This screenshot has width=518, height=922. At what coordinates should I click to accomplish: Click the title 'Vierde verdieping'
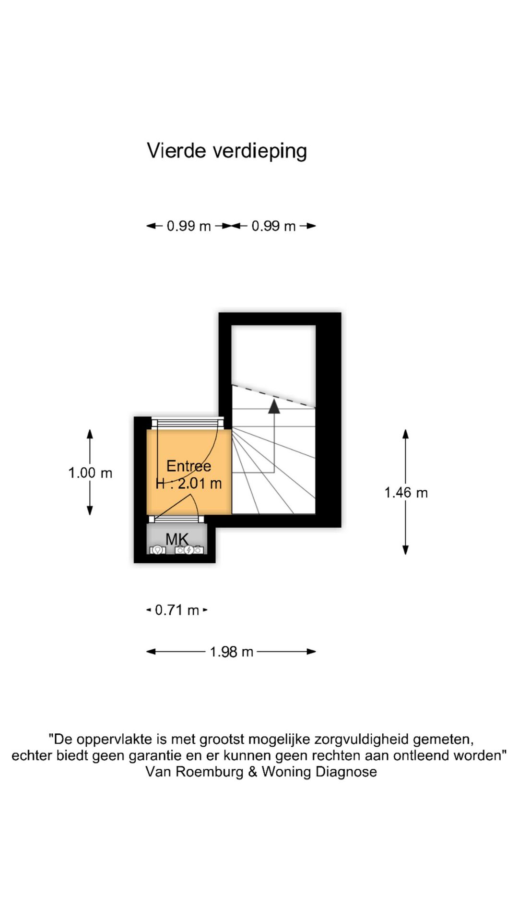(227, 151)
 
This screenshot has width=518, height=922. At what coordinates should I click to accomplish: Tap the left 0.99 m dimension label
(188, 226)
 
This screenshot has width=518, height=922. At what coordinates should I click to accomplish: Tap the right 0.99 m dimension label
(273, 226)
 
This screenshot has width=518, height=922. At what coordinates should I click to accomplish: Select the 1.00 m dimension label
(90, 473)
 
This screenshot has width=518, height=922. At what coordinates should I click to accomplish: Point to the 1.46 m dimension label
(406, 493)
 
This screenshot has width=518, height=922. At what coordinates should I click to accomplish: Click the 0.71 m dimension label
(177, 610)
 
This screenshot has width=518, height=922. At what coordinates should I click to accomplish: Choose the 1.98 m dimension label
(231, 652)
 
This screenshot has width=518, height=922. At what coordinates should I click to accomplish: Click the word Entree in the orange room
(188, 466)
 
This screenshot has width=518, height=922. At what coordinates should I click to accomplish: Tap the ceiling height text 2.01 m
(200, 484)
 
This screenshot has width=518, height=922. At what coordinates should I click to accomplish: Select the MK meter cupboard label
(177, 539)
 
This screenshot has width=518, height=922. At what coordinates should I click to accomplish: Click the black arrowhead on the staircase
(274, 406)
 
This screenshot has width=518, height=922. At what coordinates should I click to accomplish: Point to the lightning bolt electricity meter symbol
(189, 550)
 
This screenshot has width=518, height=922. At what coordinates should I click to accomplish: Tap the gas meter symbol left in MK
(157, 550)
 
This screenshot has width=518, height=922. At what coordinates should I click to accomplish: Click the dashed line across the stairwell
(274, 397)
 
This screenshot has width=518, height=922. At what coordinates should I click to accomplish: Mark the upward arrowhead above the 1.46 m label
(406, 434)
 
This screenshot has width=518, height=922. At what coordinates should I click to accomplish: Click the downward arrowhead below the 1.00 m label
(90, 510)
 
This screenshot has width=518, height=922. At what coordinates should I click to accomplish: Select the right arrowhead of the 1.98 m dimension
(311, 652)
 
